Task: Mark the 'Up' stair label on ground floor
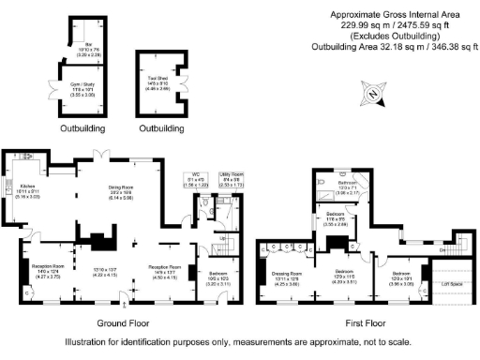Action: click(222, 239)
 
